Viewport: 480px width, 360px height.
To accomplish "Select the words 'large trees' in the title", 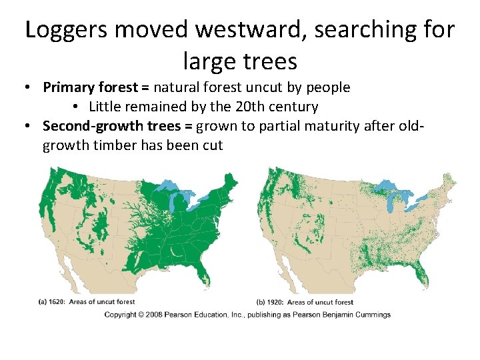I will point(239,61).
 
